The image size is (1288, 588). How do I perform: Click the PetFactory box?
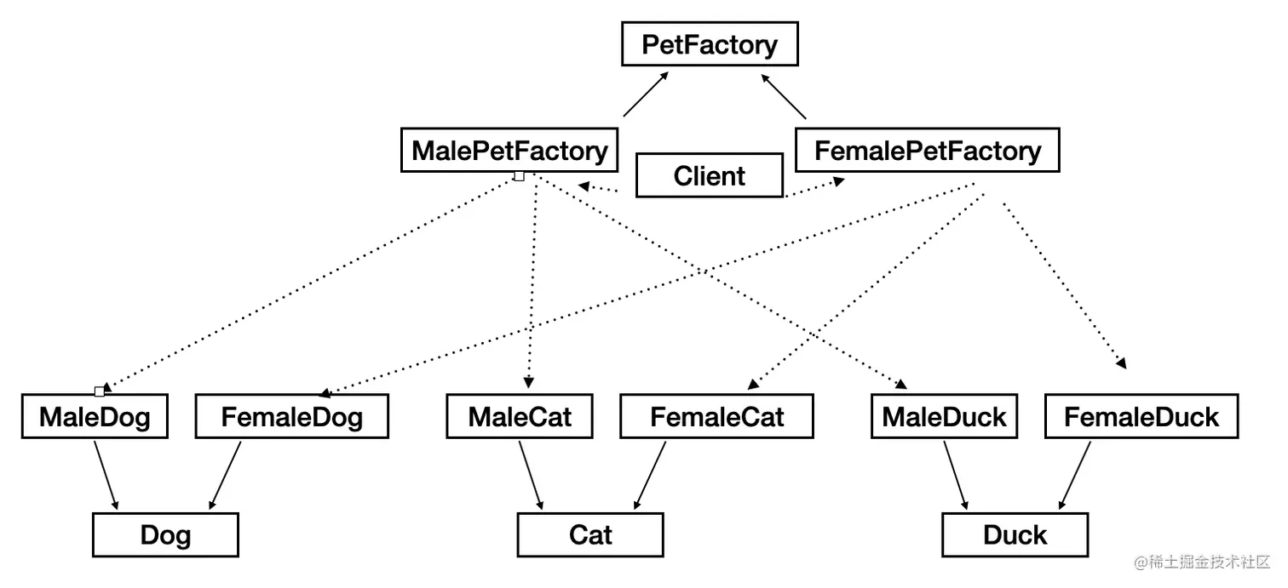pyautogui.click(x=709, y=45)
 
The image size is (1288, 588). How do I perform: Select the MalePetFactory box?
pyautogui.click(x=509, y=151)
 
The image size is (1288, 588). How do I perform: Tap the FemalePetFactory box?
pyautogui.click(x=927, y=151)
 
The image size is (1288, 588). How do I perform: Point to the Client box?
pyautogui.click(x=709, y=176)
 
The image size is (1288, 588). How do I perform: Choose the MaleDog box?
pyautogui.click(x=95, y=417)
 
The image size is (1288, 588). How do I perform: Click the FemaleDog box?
pyautogui.click(x=291, y=417)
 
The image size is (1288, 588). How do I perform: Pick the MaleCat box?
pyautogui.click(x=520, y=417)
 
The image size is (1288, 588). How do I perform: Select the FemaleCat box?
pyautogui.click(x=716, y=417)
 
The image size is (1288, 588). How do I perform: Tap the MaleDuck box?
pyautogui.click(x=944, y=417)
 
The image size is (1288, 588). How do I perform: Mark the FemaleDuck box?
pyautogui.click(x=1141, y=417)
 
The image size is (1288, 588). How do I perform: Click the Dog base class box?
pyautogui.click(x=165, y=535)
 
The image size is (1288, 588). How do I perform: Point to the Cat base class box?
pyautogui.click(x=589, y=535)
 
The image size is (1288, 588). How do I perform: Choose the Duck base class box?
pyautogui.click(x=1015, y=535)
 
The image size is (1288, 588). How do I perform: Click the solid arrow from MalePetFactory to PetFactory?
pyautogui.click(x=646, y=94)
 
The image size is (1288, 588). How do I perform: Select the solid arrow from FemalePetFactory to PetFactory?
pyautogui.click(x=783, y=96)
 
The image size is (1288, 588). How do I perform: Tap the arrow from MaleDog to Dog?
pyautogui.click(x=106, y=475)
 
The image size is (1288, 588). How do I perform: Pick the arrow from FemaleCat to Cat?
pyautogui.click(x=649, y=475)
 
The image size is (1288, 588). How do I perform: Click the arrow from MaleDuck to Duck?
pyautogui.click(x=955, y=475)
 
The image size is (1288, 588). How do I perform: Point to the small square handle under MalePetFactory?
pyautogui.click(x=519, y=176)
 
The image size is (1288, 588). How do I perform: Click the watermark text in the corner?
pyautogui.click(x=1201, y=562)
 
